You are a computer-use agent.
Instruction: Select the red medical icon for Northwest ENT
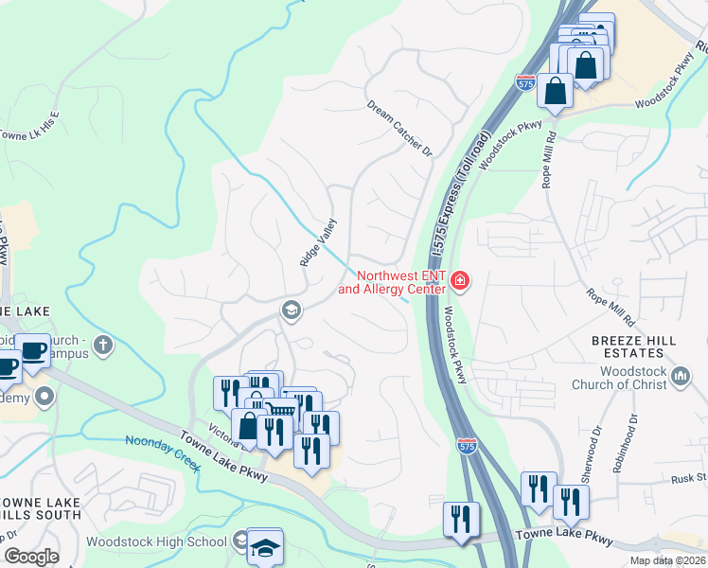coord(460,280)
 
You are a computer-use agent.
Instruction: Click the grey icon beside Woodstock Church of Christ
coord(681,379)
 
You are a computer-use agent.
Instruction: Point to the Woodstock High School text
coord(156,541)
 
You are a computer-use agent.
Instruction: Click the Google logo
coord(31,557)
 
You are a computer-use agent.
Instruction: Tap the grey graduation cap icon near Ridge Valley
coord(291,310)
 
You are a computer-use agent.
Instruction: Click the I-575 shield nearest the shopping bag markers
coord(526,83)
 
